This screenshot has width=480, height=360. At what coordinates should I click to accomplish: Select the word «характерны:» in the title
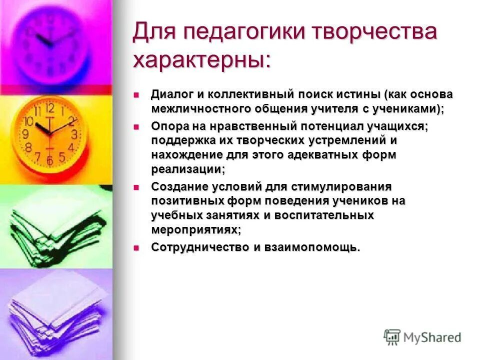202,60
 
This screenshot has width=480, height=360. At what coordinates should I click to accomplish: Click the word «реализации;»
188,169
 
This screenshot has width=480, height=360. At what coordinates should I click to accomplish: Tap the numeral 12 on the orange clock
50,108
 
